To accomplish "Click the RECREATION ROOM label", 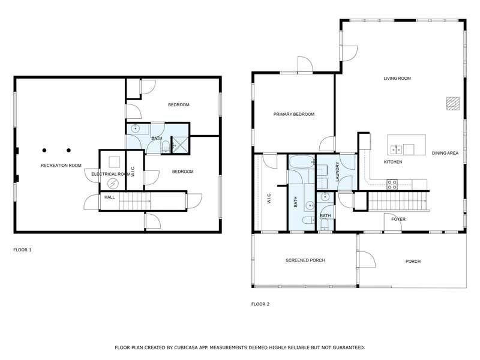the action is [x=61, y=166].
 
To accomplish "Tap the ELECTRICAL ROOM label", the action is [x=111, y=174].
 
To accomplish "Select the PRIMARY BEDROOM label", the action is [x=294, y=114].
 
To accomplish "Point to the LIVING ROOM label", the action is [x=397, y=79].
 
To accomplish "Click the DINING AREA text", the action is [x=445, y=153].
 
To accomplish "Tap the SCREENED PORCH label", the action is [x=305, y=260].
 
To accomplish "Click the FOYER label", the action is [x=398, y=219].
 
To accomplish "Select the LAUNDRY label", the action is [x=338, y=172].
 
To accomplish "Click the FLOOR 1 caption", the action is [x=22, y=250].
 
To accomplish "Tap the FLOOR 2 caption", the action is [x=260, y=304].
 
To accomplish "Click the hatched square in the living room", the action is [x=453, y=103].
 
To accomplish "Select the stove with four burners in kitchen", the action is [x=392, y=185].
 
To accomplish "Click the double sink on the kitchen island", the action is [x=397, y=149].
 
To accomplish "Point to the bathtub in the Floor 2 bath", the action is [x=302, y=161].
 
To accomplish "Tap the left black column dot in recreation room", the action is [x=44, y=151].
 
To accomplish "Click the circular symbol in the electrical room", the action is [x=113, y=184].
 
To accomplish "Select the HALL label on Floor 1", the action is [x=110, y=197].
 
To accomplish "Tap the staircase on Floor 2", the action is [x=398, y=201].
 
